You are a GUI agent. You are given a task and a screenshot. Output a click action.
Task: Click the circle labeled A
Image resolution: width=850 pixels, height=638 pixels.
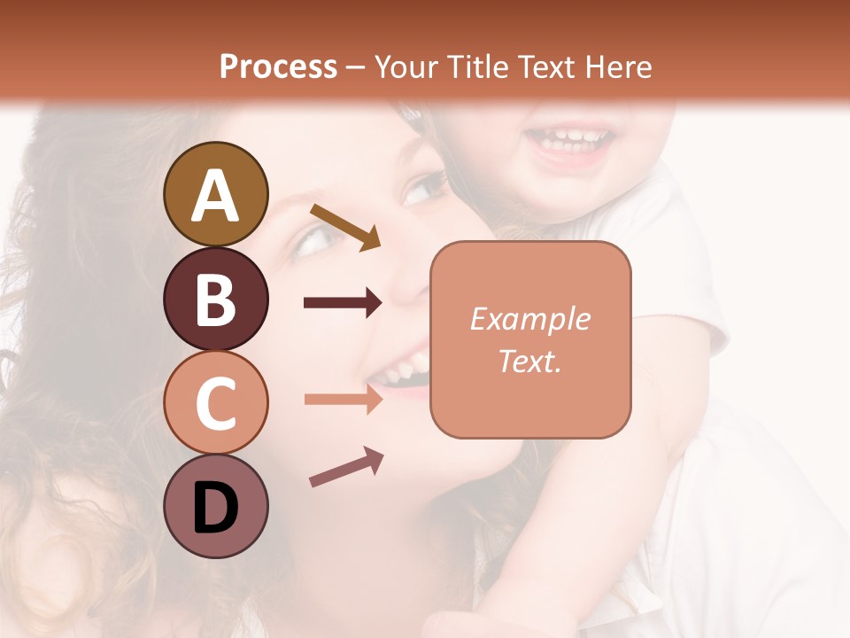point(215,194)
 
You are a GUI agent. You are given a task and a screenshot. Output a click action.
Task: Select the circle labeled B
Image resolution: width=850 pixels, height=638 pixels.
point(215,299)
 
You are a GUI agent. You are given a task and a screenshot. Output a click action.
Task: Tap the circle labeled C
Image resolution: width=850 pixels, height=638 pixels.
point(215,402)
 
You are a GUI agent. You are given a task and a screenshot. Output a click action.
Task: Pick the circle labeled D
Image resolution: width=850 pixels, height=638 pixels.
point(215,506)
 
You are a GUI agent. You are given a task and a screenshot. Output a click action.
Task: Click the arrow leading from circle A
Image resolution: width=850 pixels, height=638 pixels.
point(345,226)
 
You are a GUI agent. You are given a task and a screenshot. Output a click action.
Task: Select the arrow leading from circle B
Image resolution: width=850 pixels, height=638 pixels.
point(343,303)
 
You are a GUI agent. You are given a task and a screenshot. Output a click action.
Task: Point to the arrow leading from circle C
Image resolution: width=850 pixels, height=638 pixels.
point(343,400)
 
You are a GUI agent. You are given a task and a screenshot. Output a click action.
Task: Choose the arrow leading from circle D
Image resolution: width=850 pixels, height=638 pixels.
point(346,468)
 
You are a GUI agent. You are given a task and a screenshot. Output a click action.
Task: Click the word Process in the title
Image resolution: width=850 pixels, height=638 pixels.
point(278,66)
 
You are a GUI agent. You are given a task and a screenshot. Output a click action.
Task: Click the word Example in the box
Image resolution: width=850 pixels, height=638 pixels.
point(529,319)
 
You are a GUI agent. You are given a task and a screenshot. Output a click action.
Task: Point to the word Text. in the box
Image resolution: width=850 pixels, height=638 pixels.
point(529,361)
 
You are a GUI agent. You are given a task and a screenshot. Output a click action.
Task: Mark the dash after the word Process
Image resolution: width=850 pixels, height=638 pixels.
point(356,67)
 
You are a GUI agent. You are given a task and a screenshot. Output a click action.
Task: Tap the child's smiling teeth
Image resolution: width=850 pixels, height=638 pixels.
point(568,138)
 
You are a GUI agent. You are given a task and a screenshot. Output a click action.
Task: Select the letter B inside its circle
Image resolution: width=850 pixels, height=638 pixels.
point(215,299)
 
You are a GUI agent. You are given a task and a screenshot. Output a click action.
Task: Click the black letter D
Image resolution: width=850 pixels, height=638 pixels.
point(215,507)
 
